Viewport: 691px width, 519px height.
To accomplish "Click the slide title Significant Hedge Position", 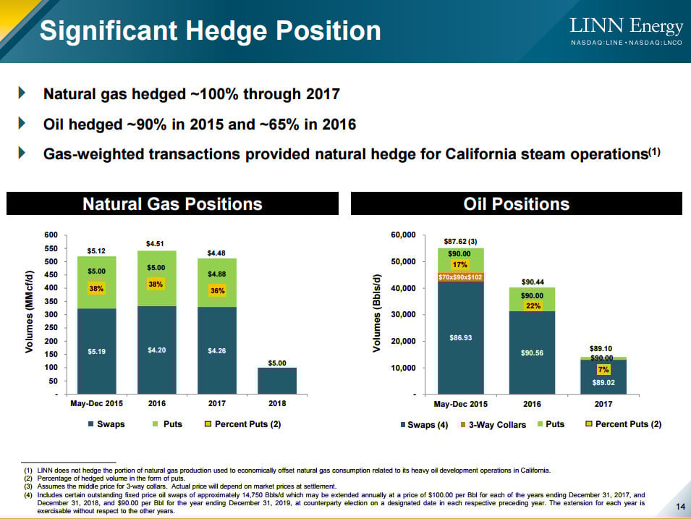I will (x=210, y=31).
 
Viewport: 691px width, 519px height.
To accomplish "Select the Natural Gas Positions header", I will (x=172, y=203).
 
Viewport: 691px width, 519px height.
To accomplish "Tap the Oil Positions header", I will (x=516, y=203).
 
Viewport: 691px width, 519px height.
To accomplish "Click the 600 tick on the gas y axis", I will (x=50, y=235).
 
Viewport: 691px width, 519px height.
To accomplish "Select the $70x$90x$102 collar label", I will (x=461, y=277).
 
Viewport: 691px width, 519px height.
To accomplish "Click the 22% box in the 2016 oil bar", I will (x=532, y=305).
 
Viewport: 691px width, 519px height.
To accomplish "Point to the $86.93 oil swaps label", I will (x=461, y=337).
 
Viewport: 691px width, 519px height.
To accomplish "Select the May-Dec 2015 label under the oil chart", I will (x=461, y=404).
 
